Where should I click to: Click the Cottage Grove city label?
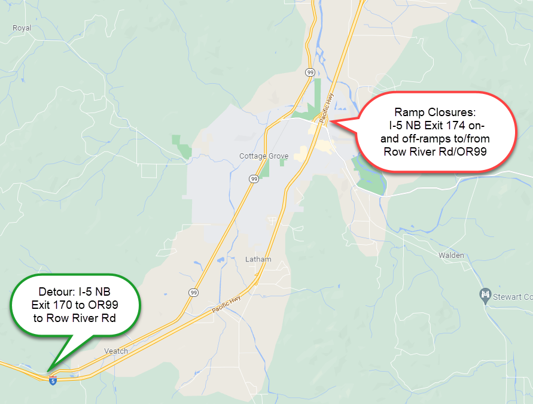tap(264, 156)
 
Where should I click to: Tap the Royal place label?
tap(22, 28)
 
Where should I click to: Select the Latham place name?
tap(258, 259)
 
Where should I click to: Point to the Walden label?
tap(451, 255)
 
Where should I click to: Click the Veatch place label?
tap(116, 351)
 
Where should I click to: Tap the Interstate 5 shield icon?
tap(53, 381)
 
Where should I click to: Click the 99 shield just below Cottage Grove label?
tap(254, 178)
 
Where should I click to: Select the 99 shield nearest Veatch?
tap(193, 292)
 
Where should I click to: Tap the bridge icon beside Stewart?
tap(486, 295)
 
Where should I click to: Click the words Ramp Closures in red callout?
tap(434, 113)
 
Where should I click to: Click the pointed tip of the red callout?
tap(331, 122)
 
